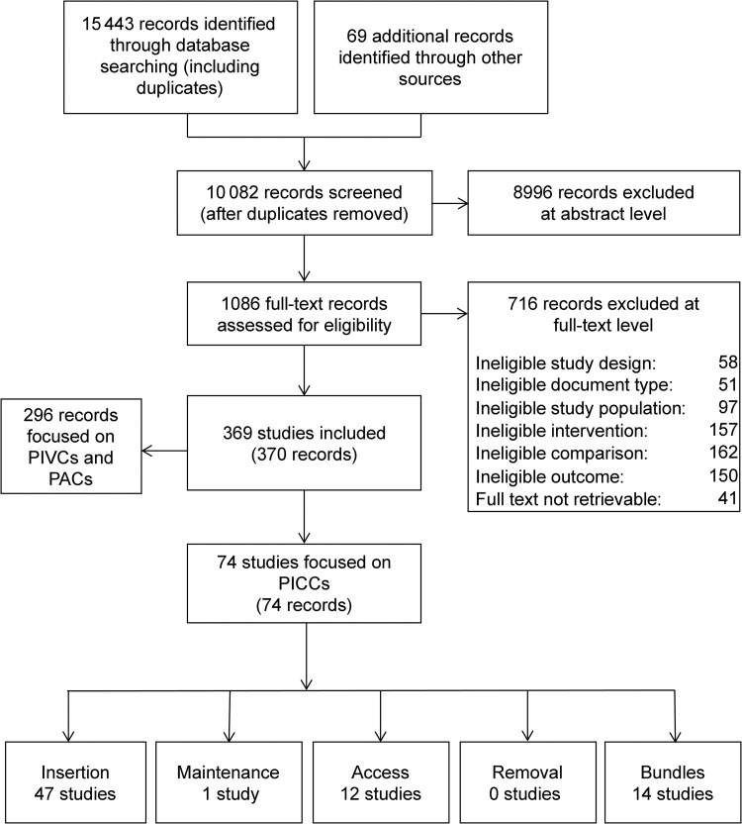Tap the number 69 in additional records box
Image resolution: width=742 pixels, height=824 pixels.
(x=356, y=37)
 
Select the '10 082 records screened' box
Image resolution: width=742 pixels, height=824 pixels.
(x=305, y=203)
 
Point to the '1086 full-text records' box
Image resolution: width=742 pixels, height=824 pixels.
(x=304, y=314)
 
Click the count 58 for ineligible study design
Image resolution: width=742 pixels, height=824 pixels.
(x=728, y=362)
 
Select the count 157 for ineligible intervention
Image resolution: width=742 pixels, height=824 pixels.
(x=723, y=430)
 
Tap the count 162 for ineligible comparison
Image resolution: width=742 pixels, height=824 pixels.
(x=723, y=453)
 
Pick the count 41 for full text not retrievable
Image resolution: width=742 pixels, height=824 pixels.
(x=728, y=497)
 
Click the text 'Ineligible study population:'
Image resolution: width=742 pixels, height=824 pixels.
(x=581, y=408)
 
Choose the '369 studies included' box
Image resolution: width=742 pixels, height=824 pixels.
(x=304, y=443)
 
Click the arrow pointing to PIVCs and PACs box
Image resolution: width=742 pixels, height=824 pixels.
(x=164, y=451)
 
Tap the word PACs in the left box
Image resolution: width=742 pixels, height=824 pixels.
(x=71, y=479)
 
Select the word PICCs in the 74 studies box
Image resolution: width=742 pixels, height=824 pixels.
(x=304, y=584)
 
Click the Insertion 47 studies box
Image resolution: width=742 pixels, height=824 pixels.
(x=75, y=782)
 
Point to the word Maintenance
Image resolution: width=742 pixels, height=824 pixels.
(x=229, y=772)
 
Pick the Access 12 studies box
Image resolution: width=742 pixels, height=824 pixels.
(x=381, y=782)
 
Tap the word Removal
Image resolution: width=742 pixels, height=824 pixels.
(x=527, y=772)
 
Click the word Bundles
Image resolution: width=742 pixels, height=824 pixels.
(x=673, y=772)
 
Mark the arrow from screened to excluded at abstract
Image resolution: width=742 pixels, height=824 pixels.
(x=450, y=203)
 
